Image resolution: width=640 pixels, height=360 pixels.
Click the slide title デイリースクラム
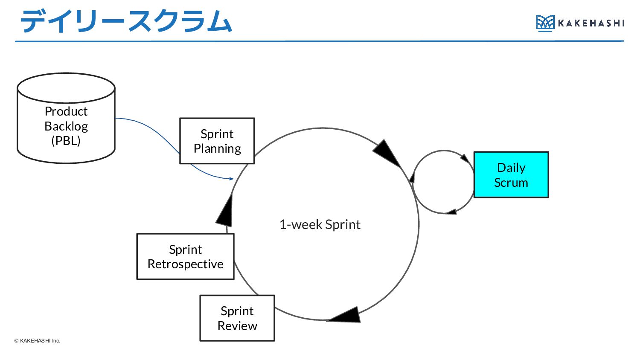pyautogui.click(x=126, y=21)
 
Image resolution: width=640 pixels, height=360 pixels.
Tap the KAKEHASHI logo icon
pyautogui.click(x=545, y=23)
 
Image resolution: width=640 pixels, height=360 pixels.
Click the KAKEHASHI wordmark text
pyautogui.click(x=591, y=23)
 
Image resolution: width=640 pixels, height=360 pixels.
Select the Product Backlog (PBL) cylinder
pyautogui.click(x=66, y=118)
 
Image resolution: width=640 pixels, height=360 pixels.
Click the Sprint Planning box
pyautogui.click(x=217, y=141)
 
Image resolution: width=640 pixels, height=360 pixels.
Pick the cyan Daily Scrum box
pyautogui.click(x=511, y=174)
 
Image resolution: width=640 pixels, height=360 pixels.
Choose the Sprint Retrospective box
pyautogui.click(x=186, y=256)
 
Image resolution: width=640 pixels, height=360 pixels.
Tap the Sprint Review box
pyautogui.click(x=237, y=318)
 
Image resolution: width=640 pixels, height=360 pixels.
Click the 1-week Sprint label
pyautogui.click(x=320, y=224)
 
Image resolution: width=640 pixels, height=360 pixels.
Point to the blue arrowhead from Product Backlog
pyautogui.click(x=231, y=179)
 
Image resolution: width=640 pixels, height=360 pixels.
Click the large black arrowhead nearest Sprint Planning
pyautogui.click(x=387, y=153)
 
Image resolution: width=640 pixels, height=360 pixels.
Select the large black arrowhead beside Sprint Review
pyautogui.click(x=344, y=315)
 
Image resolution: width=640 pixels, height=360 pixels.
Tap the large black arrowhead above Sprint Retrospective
pyautogui.click(x=224, y=211)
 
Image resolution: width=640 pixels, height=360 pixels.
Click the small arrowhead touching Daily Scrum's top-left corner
pyautogui.click(x=465, y=159)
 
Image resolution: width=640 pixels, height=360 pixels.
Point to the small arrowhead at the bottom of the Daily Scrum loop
pyautogui.click(x=451, y=212)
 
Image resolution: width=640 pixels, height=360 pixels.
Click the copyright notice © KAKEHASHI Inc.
pyautogui.click(x=37, y=340)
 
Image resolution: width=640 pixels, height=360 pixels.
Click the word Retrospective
pyautogui.click(x=186, y=264)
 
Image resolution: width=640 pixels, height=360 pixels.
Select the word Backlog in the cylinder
pyautogui.click(x=66, y=126)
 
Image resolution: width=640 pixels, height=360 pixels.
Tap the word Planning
pyautogui.click(x=217, y=149)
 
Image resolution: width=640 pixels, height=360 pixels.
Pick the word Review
pyautogui.click(x=237, y=326)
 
